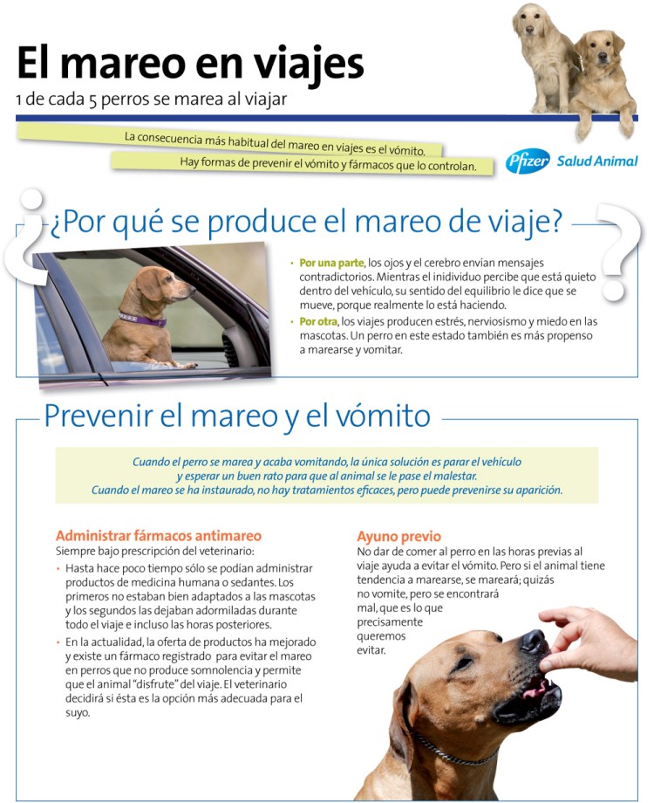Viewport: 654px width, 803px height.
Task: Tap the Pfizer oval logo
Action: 528,161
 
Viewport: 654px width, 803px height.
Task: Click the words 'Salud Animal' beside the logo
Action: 596,161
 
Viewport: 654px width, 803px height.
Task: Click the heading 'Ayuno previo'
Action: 399,536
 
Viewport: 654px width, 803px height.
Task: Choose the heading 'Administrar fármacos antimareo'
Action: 158,535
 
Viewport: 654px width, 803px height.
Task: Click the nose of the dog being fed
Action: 534,644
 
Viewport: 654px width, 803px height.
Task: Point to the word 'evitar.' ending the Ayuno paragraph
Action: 371,650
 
